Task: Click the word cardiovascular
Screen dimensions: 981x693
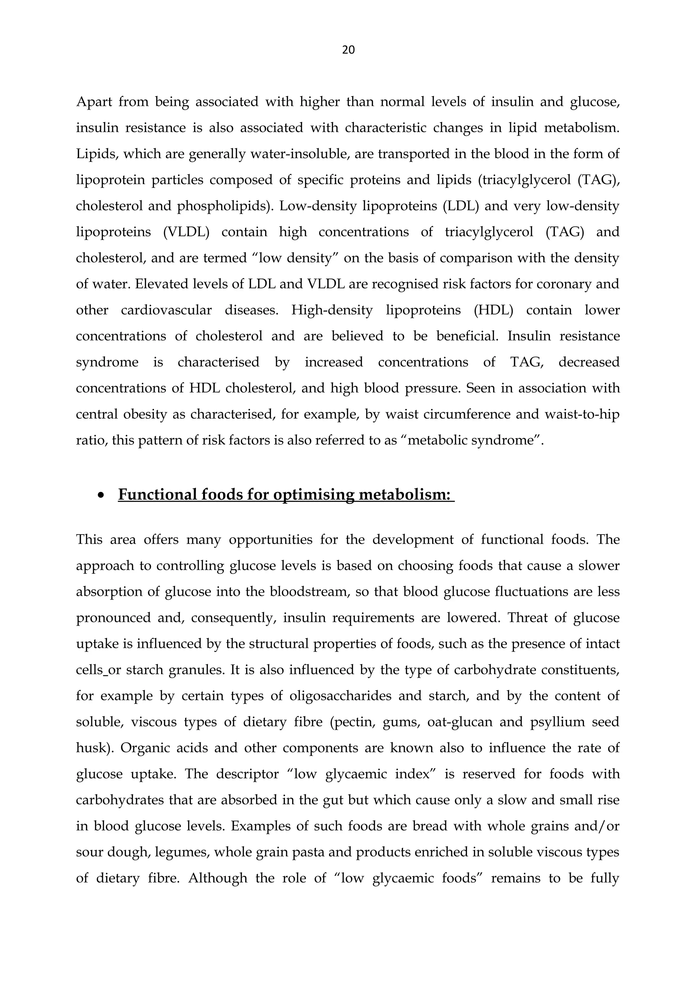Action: [166, 310]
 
